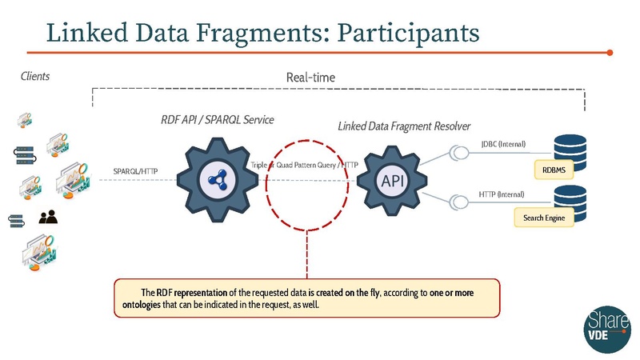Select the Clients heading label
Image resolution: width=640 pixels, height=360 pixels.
tap(35, 76)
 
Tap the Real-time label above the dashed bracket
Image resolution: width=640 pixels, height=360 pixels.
tap(310, 78)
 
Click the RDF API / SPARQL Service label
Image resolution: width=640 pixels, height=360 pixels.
tap(218, 119)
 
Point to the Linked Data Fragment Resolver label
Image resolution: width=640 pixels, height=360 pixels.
tap(403, 126)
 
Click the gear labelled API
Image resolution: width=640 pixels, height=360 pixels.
tap(393, 181)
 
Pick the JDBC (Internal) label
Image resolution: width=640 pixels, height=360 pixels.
tap(503, 144)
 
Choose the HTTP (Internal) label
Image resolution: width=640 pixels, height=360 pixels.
tap(502, 194)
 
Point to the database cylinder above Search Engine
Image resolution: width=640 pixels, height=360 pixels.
tap(570, 197)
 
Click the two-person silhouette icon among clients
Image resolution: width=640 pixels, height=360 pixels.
tap(48, 216)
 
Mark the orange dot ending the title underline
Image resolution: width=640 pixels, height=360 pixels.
tap(610, 53)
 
